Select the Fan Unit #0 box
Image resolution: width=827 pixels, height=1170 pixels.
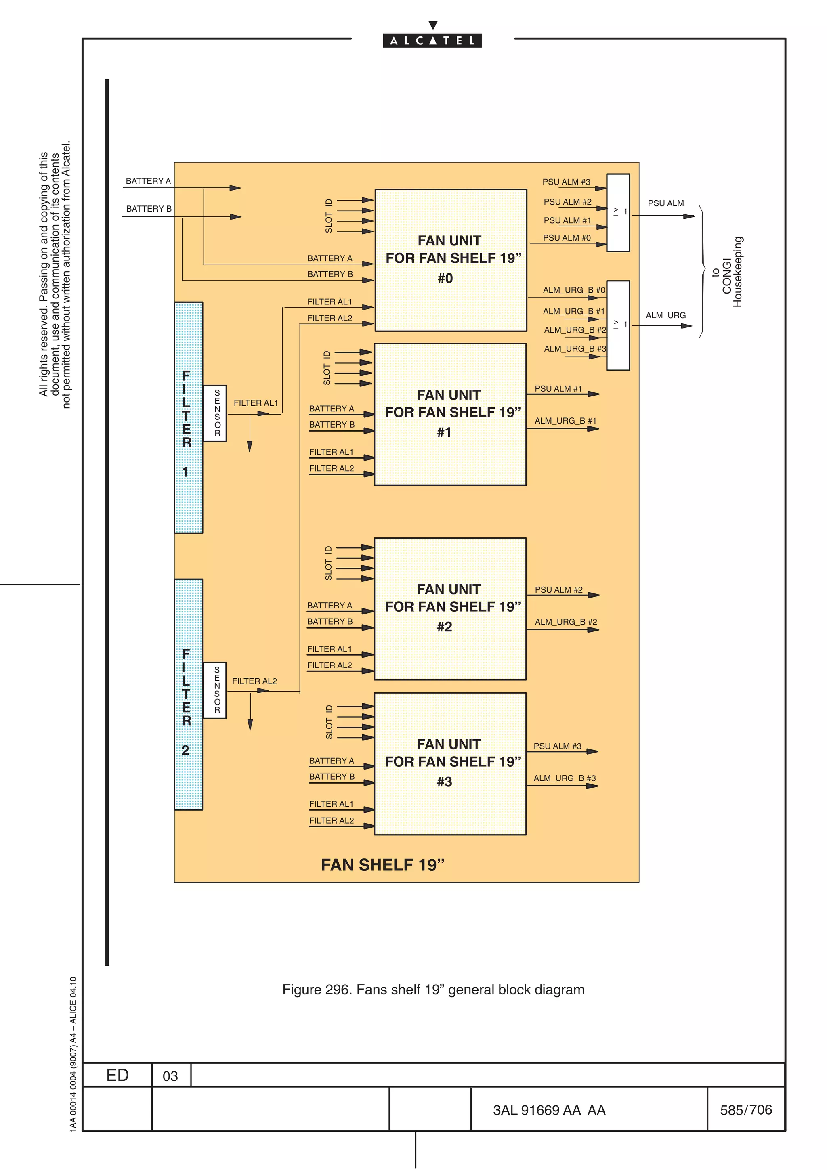(x=450, y=260)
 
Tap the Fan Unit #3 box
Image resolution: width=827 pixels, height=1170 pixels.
(x=450, y=763)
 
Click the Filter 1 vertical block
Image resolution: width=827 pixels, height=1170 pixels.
(x=188, y=417)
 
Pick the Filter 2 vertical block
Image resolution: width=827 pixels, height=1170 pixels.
(x=188, y=694)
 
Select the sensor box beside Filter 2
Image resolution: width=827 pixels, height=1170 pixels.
(x=214, y=690)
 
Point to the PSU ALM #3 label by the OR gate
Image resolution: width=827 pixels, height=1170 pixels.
(x=566, y=182)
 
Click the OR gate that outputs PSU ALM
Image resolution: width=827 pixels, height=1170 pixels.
(x=618, y=212)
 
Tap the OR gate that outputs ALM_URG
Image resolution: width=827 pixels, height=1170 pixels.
(x=618, y=325)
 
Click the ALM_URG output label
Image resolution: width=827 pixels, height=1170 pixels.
(x=665, y=315)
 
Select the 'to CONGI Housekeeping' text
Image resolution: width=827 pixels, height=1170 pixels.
(x=727, y=272)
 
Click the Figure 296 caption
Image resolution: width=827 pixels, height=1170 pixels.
(x=433, y=990)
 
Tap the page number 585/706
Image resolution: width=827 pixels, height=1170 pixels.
(x=745, y=1109)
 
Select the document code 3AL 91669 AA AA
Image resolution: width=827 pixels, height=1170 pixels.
(x=549, y=1110)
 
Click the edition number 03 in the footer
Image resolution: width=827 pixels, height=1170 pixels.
(x=170, y=1076)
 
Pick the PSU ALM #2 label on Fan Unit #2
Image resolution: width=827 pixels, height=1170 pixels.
(x=558, y=589)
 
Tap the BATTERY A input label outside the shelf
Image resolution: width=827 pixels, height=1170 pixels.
(x=148, y=181)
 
